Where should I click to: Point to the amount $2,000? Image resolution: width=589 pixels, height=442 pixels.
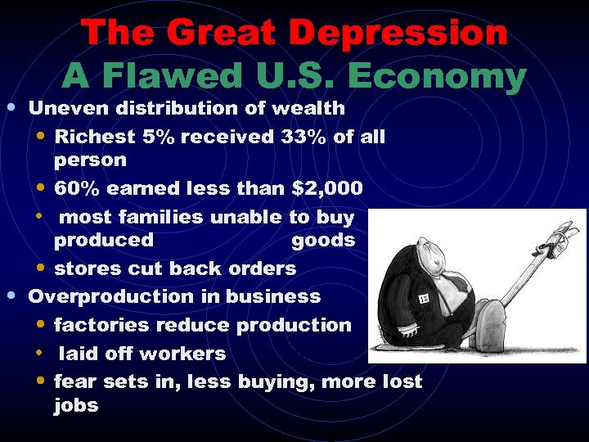pos(327,188)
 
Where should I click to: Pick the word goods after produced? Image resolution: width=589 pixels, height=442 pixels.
pos(323,240)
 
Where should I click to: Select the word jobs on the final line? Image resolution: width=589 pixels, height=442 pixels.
pos(76,405)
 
